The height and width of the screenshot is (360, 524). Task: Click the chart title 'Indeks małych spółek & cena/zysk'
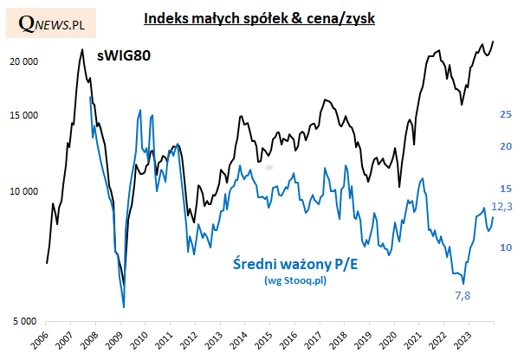coord(259,18)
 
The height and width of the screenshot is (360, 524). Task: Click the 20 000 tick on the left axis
coord(23,61)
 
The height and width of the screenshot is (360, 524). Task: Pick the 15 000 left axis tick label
coord(23,116)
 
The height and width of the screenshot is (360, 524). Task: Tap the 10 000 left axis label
coord(23,191)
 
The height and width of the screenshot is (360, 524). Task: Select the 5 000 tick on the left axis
coord(25,321)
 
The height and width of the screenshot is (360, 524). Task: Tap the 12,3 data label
coord(502,207)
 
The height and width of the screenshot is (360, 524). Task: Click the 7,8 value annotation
coord(464,295)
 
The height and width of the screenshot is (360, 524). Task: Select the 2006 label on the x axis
coord(40,338)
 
